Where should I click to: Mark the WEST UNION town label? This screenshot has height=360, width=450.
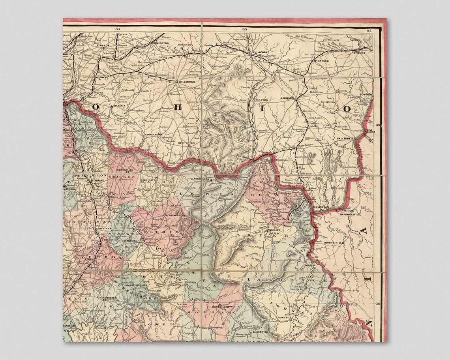click(187, 143)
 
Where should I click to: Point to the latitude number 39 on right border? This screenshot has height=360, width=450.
click(379, 126)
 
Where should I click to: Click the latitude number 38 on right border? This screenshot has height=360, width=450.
click(379, 304)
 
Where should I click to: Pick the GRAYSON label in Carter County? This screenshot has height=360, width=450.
click(274, 230)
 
